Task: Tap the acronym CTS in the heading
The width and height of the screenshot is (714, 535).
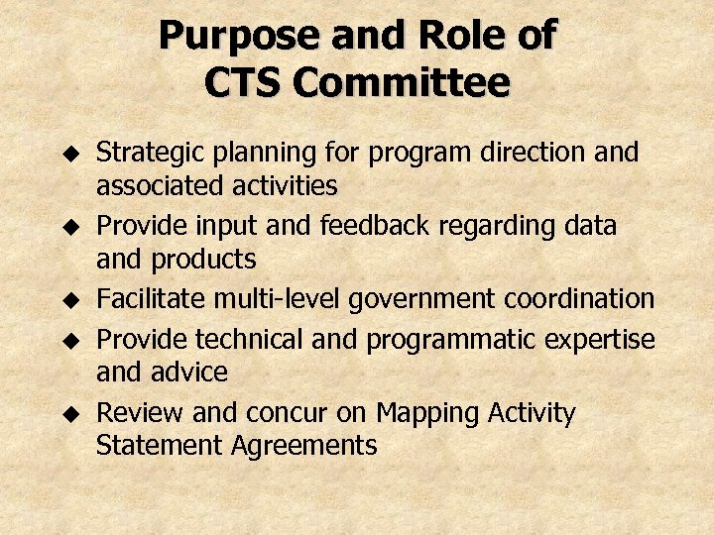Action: coord(245,83)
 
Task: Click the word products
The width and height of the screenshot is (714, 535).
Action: coord(203,261)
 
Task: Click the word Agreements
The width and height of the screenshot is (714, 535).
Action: coord(304,446)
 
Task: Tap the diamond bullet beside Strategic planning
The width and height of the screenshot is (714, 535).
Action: coord(68,155)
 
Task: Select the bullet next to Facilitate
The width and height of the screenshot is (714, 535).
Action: coord(68,299)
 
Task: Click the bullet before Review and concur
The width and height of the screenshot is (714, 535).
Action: coord(68,413)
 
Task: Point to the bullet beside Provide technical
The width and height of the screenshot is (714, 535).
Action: coord(68,341)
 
